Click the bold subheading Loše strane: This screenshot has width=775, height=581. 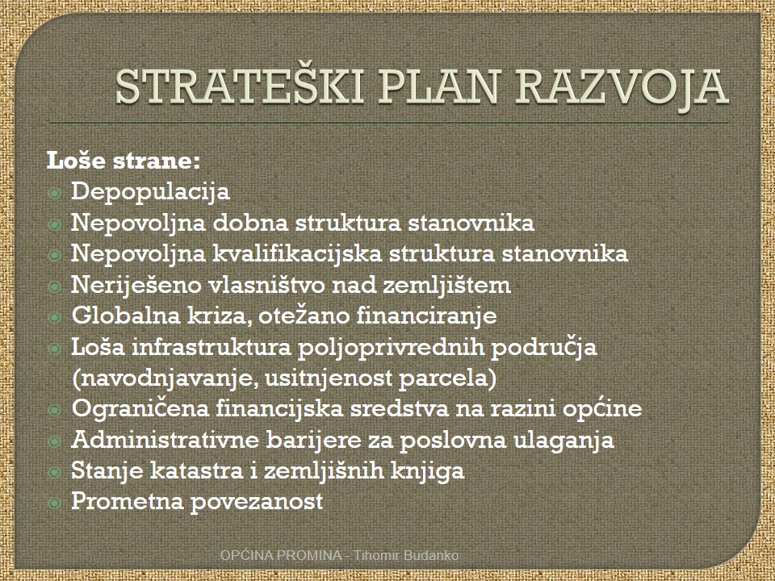click(123, 161)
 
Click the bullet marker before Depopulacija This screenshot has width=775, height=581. click(54, 193)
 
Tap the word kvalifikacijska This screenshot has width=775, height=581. click(297, 254)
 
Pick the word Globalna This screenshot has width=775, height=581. click(126, 316)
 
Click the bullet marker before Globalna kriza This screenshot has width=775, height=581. click(54, 317)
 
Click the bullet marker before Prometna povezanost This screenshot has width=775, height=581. click(54, 503)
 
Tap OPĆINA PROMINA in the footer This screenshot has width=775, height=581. click(281, 555)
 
